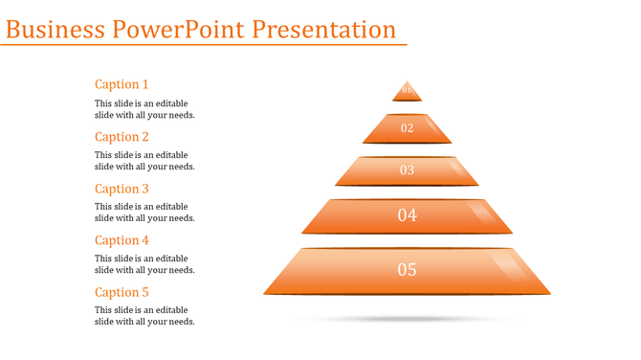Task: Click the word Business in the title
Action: point(55,29)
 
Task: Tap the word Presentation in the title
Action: point(324,29)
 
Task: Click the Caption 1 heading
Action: point(122,84)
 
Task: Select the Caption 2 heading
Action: point(122,137)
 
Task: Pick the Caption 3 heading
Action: point(122,189)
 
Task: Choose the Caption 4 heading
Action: point(122,240)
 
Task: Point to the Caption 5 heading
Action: point(122,292)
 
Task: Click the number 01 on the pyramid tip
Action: point(407,91)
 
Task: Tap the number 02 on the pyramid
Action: point(407,128)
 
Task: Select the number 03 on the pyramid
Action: point(407,170)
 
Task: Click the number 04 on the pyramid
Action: point(407,215)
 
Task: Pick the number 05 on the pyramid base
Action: point(407,270)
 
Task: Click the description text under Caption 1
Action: point(144,109)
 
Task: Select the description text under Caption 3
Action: point(144,213)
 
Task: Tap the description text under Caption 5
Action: point(144,316)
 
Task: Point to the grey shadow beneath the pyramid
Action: point(407,318)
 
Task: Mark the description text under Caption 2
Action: point(144,161)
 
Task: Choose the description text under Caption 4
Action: point(144,264)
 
